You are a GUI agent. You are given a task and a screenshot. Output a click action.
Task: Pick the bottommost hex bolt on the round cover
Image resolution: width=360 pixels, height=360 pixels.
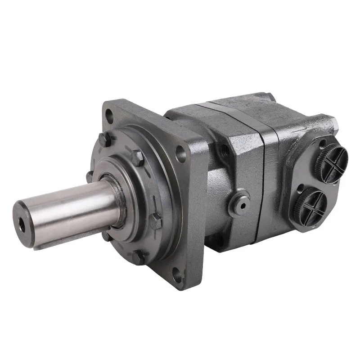coord(139,257)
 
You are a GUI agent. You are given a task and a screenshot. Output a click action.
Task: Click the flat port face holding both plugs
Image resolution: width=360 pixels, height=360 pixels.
coord(315,180)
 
